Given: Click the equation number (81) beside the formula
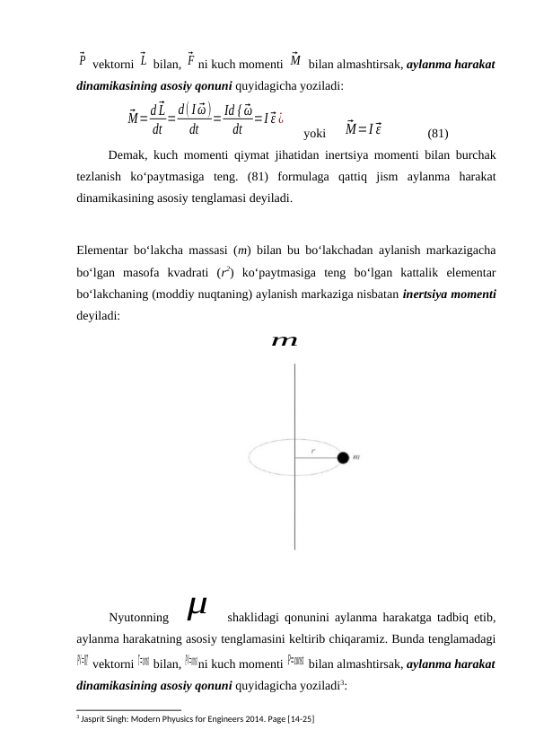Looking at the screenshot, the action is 438,134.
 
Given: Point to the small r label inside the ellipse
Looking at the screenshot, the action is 312,452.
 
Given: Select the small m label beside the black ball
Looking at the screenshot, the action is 357,458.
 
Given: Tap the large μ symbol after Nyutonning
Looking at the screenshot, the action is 197,611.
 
